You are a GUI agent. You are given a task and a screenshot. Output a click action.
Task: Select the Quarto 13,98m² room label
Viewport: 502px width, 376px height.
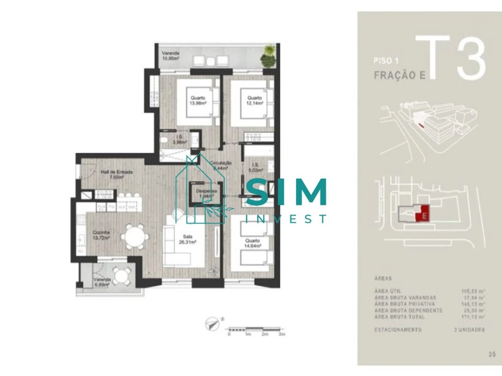(x=198, y=100)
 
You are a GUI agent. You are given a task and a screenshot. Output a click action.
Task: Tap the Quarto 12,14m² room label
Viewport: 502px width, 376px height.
(x=254, y=100)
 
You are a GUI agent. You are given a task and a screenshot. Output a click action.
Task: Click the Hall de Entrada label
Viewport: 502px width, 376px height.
(x=117, y=174)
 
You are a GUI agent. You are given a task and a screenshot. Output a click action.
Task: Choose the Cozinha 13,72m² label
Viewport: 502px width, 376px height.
(x=101, y=235)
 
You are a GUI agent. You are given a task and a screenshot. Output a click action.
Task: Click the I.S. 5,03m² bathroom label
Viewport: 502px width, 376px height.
(x=256, y=167)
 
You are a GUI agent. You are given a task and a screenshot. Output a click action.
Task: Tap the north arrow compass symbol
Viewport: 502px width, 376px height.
(x=213, y=324)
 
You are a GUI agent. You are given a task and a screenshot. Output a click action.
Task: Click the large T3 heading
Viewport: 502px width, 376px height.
(x=453, y=56)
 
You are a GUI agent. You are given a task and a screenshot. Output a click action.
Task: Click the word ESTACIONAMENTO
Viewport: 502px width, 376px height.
(x=398, y=330)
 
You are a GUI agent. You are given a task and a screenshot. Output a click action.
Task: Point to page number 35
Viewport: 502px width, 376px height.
(x=492, y=355)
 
